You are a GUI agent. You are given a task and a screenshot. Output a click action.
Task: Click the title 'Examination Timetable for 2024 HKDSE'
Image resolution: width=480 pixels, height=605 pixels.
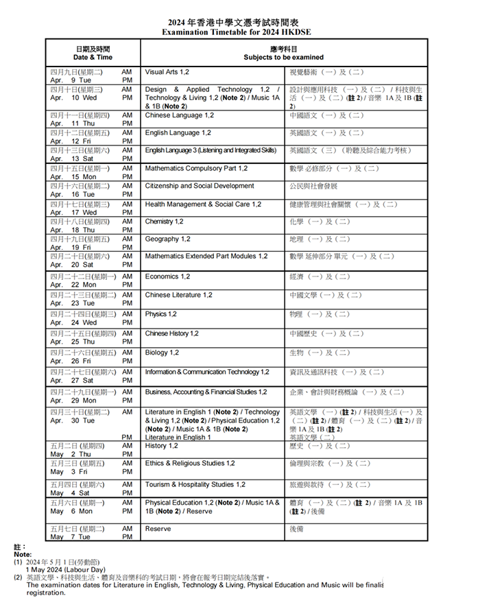[239, 32]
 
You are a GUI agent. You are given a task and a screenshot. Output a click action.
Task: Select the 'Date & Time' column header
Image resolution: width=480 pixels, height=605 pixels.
[93, 58]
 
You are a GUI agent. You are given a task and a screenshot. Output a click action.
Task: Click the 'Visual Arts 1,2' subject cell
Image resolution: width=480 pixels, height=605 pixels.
[167, 71]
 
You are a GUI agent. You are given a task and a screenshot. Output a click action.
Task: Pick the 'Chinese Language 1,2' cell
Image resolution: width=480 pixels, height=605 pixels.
[179, 115]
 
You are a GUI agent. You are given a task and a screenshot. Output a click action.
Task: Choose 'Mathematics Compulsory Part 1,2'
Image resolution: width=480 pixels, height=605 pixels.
[196, 168]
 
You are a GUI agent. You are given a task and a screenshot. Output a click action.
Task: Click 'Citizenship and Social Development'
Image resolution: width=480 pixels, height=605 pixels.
[200, 186]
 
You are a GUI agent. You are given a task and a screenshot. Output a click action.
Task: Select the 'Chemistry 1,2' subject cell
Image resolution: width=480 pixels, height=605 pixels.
[164, 222]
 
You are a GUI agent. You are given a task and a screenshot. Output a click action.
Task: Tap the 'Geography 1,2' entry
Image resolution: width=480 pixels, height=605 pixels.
[167, 239]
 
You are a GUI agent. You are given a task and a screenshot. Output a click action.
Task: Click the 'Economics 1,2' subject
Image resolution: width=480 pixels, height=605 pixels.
[167, 276]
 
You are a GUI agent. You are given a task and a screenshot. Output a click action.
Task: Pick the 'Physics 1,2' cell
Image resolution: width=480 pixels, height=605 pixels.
[160, 314]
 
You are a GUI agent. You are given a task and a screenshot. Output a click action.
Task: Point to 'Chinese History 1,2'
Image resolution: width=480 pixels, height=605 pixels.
[171, 333]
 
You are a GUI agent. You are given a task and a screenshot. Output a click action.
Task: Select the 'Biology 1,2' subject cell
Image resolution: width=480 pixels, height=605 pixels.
[162, 353]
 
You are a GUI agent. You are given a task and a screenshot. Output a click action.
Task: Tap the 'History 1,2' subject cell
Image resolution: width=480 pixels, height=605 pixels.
[161, 446]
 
